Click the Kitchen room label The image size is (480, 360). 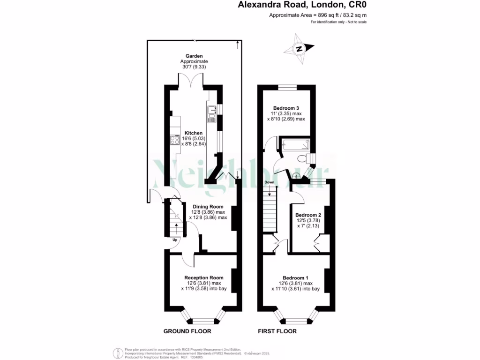(194, 133)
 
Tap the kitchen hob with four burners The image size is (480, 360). (175, 140)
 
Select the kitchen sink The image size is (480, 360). (211, 114)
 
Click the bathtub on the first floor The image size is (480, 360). (296, 145)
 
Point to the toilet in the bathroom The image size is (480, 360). (305, 158)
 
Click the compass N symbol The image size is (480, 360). (299, 49)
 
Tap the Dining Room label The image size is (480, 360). (208, 207)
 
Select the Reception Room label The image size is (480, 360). (204, 277)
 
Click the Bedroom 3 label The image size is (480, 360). (286, 108)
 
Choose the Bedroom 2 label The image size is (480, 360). (308, 215)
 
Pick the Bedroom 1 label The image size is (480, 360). (295, 277)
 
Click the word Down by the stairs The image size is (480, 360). (270, 182)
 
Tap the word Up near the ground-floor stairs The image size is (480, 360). (175, 240)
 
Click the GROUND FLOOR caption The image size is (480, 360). (187, 331)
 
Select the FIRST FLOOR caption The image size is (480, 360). (277, 331)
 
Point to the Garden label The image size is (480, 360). (194, 56)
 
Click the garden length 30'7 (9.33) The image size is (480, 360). (194, 67)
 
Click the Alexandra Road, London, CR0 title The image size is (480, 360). (302, 5)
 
